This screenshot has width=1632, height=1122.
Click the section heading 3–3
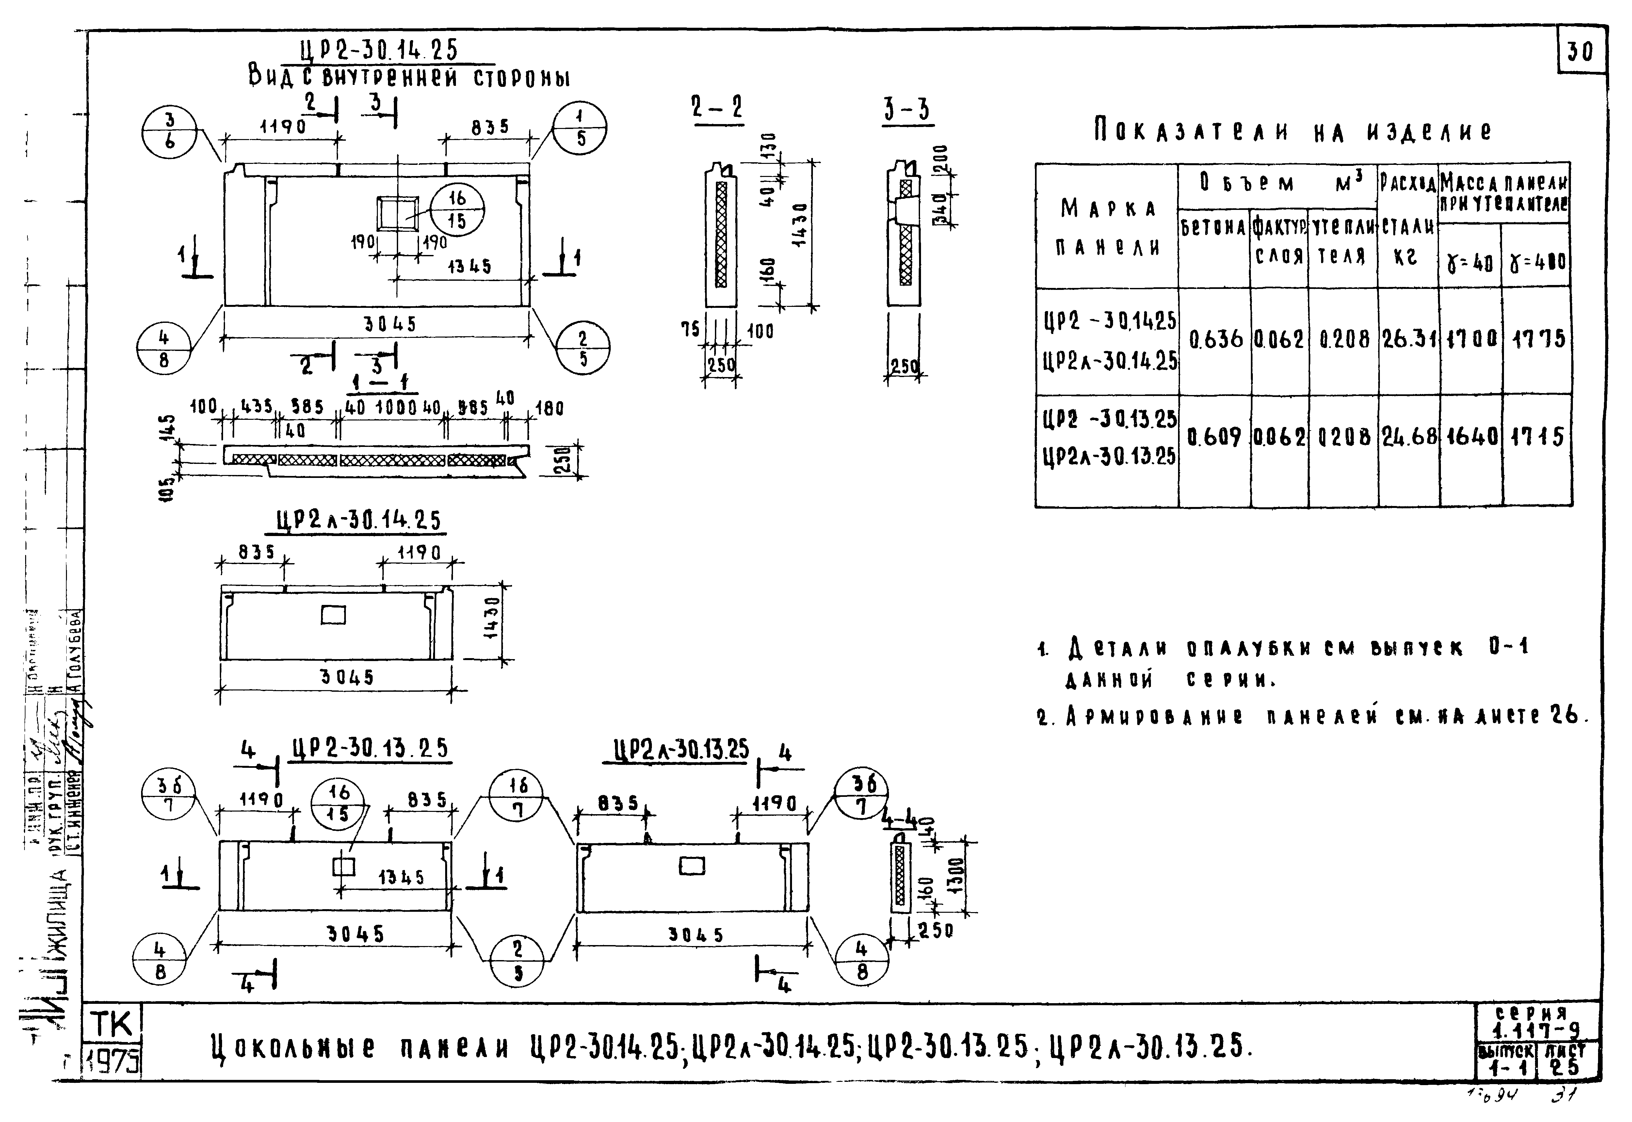907,110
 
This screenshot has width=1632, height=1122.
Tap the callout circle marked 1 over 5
580,128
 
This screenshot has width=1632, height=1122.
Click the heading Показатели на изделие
1292,132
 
